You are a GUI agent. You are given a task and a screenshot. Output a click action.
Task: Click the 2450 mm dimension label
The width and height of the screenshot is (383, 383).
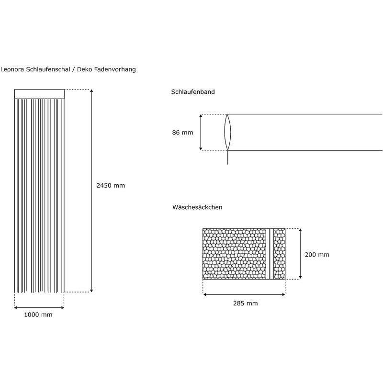[x=111, y=185]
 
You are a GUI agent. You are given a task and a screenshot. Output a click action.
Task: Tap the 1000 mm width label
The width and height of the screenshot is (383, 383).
[x=38, y=315]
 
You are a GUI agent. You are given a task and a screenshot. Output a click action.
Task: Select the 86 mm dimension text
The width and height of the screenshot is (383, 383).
[x=182, y=133]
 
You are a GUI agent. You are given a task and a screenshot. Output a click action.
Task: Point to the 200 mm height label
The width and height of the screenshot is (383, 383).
[x=317, y=255]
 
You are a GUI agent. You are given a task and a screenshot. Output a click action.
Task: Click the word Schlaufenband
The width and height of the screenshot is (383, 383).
[x=192, y=91]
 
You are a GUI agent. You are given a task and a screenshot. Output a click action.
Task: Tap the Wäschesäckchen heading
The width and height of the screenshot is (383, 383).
[x=197, y=207]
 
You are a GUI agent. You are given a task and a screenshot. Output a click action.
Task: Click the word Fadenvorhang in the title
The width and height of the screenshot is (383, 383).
[x=115, y=69]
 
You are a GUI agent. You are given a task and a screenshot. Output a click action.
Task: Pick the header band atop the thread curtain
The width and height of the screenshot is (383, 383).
[x=39, y=94]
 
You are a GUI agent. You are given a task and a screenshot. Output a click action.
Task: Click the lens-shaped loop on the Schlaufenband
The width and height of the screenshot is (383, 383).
[x=228, y=132]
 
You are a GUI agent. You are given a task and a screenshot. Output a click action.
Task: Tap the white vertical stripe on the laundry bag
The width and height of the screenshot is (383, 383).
[x=271, y=254]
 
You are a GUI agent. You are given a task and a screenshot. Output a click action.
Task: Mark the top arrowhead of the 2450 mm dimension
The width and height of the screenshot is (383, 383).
[x=91, y=92]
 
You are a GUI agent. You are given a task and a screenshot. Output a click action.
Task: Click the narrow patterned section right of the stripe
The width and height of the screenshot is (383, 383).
[x=279, y=254]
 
